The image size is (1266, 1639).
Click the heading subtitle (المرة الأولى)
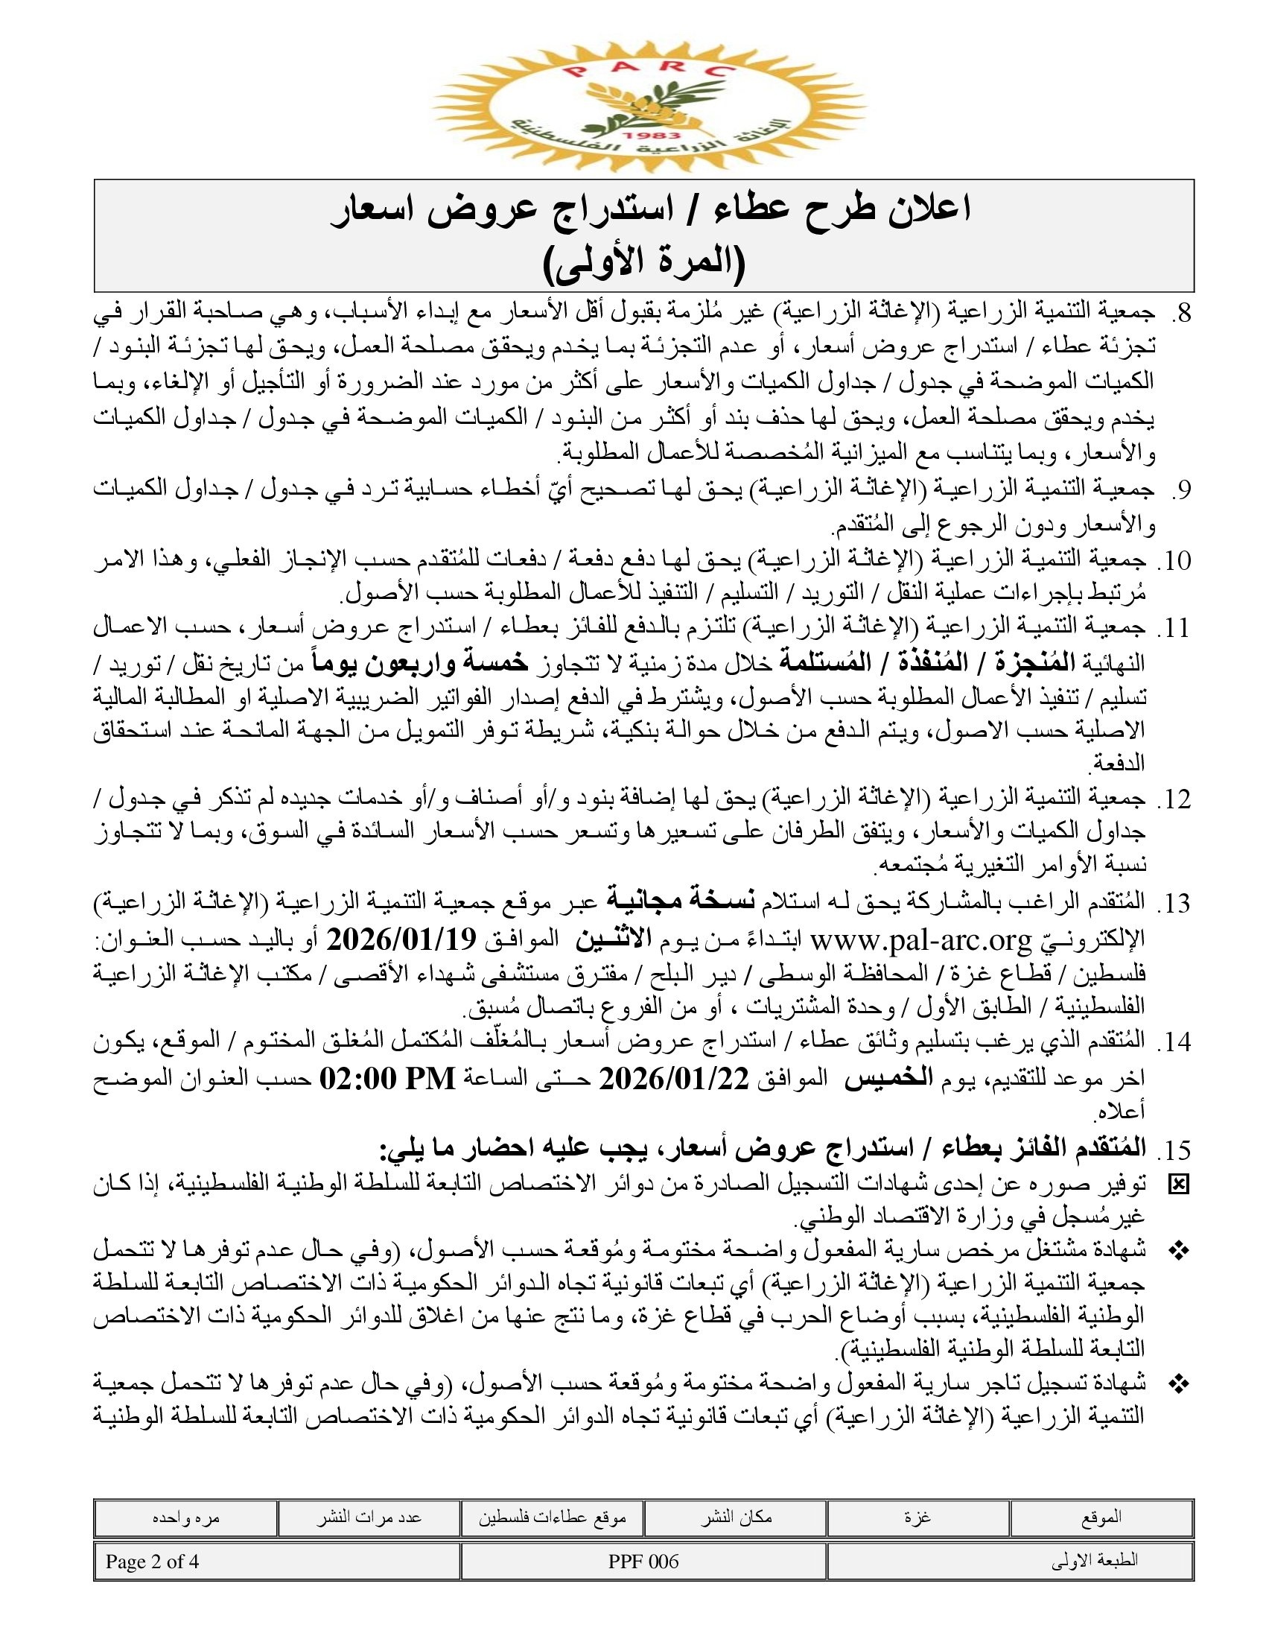tap(643, 263)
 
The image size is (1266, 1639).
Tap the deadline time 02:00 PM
tap(387, 1079)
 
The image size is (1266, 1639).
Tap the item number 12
tap(1174, 799)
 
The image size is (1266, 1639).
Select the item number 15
tap(1174, 1149)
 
